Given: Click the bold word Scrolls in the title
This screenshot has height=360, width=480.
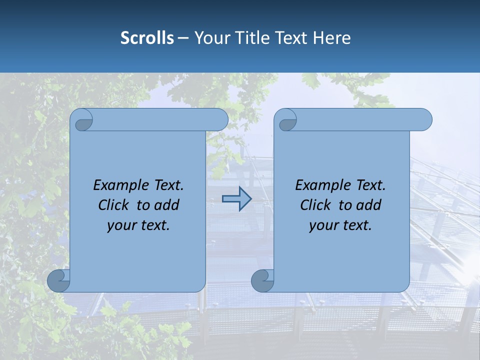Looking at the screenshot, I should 147,38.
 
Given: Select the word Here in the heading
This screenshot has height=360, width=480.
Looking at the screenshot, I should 331,38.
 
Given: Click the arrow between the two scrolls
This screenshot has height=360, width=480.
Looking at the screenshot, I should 236,199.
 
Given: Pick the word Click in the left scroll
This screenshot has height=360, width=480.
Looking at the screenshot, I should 114,205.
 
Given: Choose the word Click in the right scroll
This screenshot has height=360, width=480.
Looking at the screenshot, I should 316,205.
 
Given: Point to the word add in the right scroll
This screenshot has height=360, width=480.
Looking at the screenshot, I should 369,205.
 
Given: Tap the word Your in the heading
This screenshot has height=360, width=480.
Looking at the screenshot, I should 209,38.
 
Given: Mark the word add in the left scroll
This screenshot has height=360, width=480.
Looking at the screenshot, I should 167,205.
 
